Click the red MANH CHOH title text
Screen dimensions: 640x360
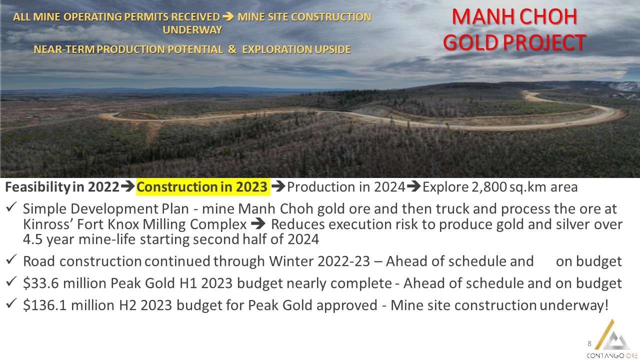point(514,16)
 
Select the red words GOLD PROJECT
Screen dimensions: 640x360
point(514,42)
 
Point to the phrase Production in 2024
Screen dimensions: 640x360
point(346,187)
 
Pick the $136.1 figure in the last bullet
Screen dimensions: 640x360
point(45,305)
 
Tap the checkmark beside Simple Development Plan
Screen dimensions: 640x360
point(11,207)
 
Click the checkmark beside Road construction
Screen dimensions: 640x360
point(11,259)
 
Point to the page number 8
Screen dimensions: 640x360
point(589,343)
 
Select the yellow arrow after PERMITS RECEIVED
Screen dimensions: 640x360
point(228,16)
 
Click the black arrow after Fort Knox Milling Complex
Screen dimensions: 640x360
point(258,224)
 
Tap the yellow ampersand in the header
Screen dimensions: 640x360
point(232,49)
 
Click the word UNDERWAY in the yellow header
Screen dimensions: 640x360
point(192,29)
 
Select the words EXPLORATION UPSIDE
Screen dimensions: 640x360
point(296,49)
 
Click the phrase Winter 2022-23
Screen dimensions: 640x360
point(319,261)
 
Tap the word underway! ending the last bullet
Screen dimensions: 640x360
point(574,305)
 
